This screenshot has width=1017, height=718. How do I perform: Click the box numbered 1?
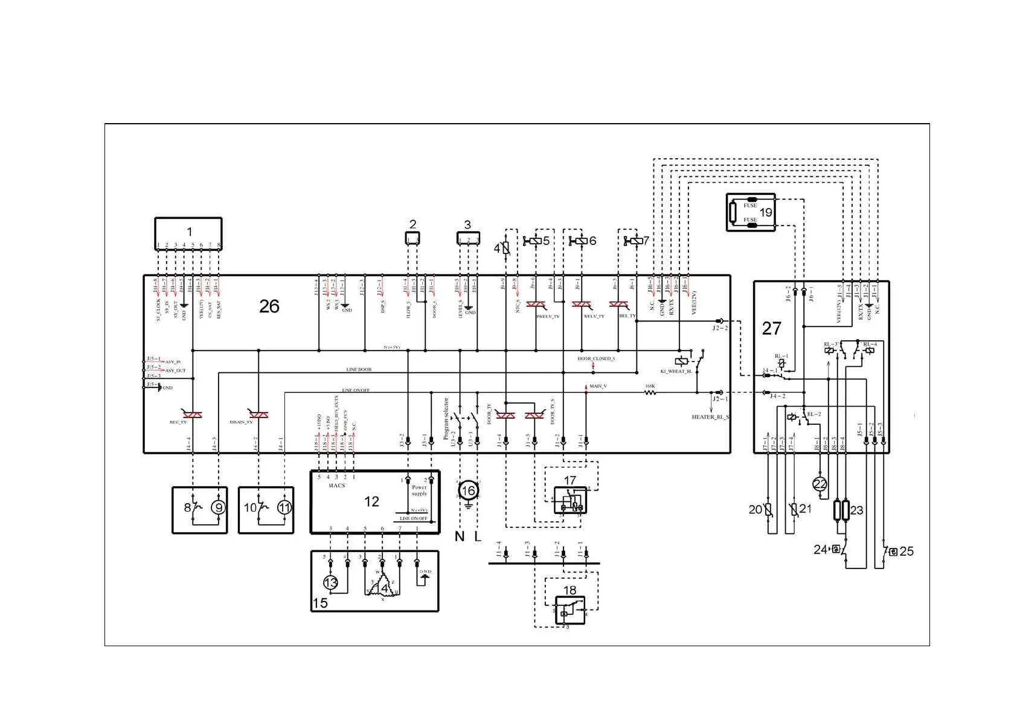[x=188, y=233]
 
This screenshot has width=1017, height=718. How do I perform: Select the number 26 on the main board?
[x=269, y=307]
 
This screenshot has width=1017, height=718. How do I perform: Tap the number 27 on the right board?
[x=771, y=328]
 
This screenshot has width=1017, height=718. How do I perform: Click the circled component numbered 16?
[x=468, y=491]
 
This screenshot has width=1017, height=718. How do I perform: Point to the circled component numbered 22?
[x=820, y=484]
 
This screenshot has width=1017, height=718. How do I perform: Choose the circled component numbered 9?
[x=218, y=507]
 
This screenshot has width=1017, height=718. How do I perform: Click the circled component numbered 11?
[x=284, y=507]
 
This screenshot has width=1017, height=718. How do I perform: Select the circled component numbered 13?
[x=330, y=583]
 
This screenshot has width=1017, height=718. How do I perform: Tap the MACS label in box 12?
[x=336, y=486]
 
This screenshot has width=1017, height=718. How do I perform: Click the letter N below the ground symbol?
[x=460, y=536]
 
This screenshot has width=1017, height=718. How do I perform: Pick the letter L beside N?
[x=478, y=536]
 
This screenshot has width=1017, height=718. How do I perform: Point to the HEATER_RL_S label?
[x=710, y=417]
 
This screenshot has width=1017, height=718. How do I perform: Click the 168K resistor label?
[x=650, y=386]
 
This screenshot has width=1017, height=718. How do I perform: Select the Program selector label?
[x=446, y=418]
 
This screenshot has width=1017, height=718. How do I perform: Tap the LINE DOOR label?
[x=359, y=369]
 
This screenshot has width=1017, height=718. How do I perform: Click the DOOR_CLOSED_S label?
[x=596, y=359]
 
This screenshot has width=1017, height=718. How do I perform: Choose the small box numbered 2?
[x=412, y=238]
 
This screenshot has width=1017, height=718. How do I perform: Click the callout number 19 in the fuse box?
[x=766, y=212]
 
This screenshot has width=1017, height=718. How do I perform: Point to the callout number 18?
[x=569, y=590]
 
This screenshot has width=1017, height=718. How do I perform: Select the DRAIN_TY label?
[x=241, y=422]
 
